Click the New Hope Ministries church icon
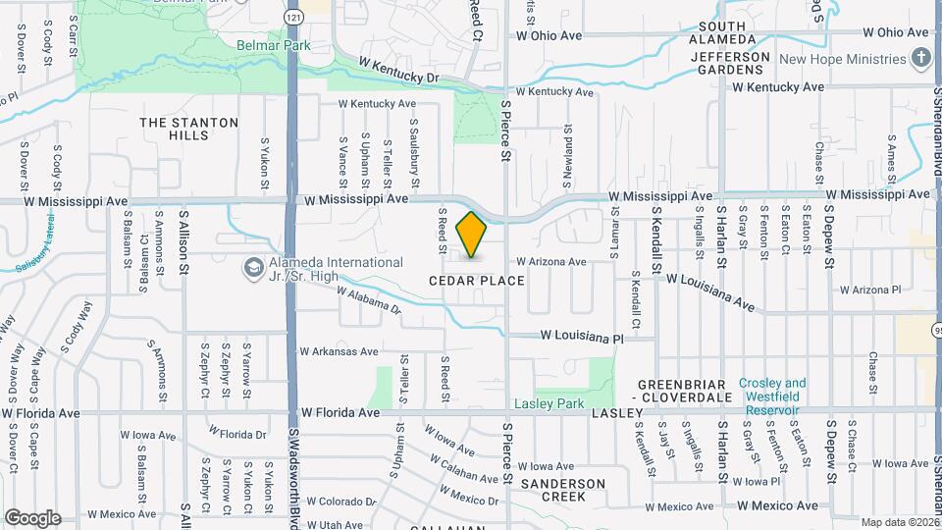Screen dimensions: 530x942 [x=920, y=59]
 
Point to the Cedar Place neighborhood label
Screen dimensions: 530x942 [x=476, y=281]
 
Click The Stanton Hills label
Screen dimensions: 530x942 [x=188, y=131]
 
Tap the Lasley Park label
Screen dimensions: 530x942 [x=549, y=403]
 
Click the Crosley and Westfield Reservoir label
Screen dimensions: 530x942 [x=772, y=390]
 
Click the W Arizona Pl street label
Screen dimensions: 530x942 [x=870, y=290]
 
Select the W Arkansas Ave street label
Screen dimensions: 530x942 [x=339, y=351]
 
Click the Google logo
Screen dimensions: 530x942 [x=32, y=517]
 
